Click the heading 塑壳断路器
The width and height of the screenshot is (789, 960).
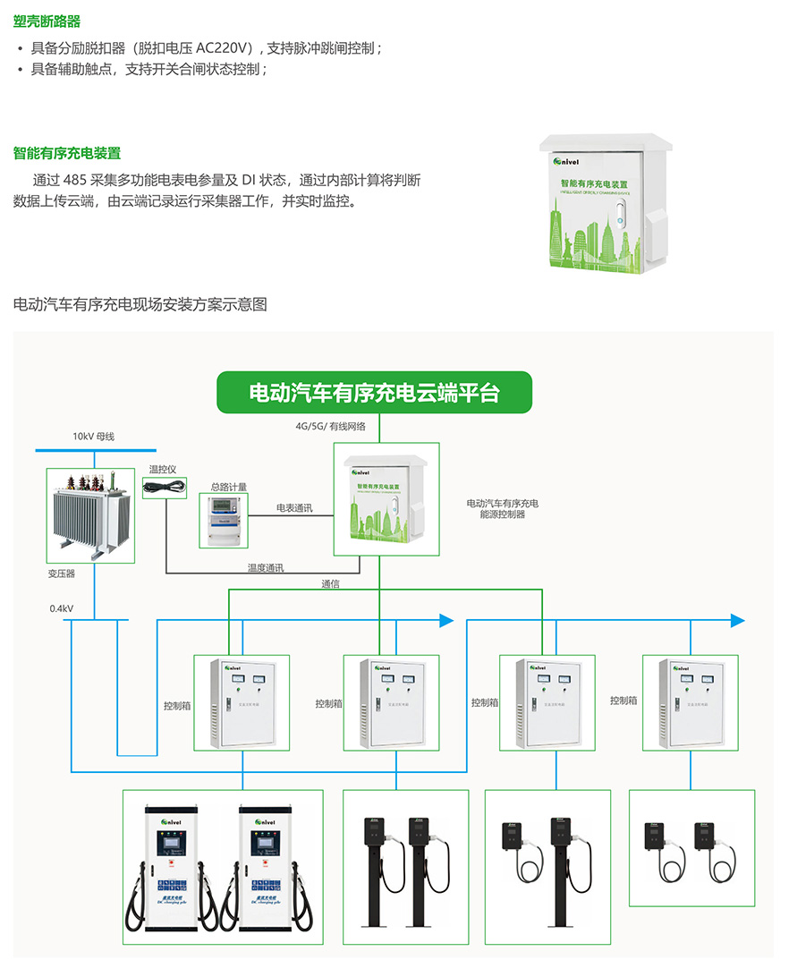pyautogui.click(x=47, y=21)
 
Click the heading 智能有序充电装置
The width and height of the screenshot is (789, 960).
pyautogui.click(x=67, y=153)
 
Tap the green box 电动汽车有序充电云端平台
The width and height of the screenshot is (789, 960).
pyautogui.click(x=374, y=393)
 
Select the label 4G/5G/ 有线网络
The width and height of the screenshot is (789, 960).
pyautogui.click(x=330, y=427)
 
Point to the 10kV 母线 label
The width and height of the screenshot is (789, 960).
pyautogui.click(x=94, y=437)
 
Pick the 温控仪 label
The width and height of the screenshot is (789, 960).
pyautogui.click(x=163, y=469)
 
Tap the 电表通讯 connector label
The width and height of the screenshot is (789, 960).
pyautogui.click(x=294, y=508)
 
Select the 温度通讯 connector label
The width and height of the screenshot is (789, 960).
pyautogui.click(x=266, y=567)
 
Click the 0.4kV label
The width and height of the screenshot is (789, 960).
pyautogui.click(x=62, y=608)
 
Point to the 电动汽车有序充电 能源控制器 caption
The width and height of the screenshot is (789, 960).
pyautogui.click(x=502, y=509)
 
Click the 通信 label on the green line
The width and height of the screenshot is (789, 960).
pyautogui.click(x=330, y=584)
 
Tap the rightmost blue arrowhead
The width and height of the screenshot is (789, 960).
pyautogui.click(x=737, y=620)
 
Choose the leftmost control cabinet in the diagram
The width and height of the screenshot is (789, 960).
pyautogui.click(x=242, y=701)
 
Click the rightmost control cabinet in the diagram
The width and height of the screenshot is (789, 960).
pyautogui.click(x=691, y=701)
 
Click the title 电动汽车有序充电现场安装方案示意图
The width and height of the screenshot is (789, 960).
pyautogui.click(x=140, y=304)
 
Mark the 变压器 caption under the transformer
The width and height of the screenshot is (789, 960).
pyautogui.click(x=62, y=573)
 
